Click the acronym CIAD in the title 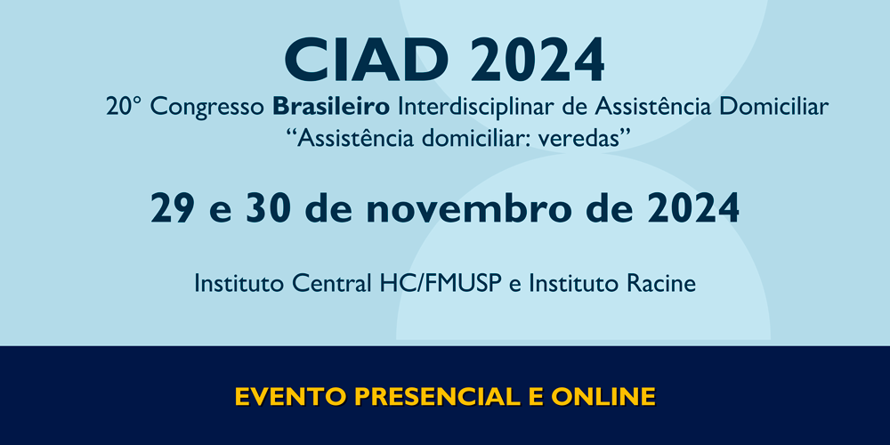click(367, 61)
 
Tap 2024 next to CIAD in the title click(537, 61)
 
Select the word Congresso click(207, 108)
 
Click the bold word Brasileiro click(331, 107)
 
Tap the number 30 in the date click(269, 208)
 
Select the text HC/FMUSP click(441, 283)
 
